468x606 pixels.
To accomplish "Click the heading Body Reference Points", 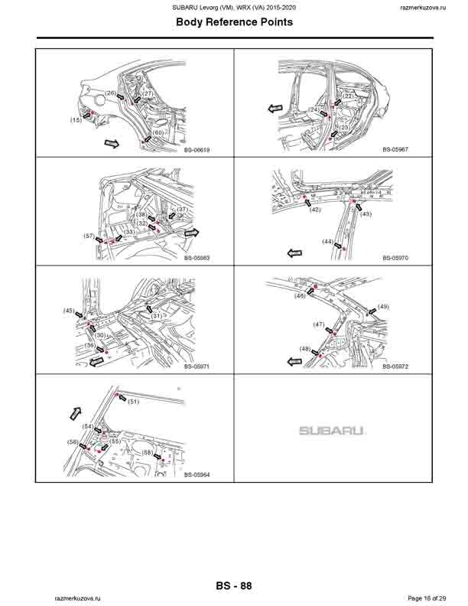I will [234, 23].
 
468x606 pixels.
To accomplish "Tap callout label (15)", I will [76, 120].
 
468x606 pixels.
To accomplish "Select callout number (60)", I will [158, 133].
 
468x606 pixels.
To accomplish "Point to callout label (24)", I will [314, 110].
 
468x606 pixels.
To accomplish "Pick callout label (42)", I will [315, 209].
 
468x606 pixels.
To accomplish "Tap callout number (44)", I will [327, 242].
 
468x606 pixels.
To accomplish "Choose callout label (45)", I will [69, 311].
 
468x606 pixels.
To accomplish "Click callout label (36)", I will [90, 346].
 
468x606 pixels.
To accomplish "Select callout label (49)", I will [383, 307].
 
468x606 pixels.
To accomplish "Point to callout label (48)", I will [305, 349].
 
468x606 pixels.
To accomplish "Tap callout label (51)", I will [133, 401].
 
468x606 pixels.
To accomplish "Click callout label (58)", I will [147, 453].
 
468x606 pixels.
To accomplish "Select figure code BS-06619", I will [197, 150].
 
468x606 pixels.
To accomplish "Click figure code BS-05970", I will [395, 258].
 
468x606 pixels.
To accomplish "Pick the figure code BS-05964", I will [197, 475].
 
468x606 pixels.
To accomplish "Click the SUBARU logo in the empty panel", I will [331, 431].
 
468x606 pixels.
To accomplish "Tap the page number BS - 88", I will [234, 586].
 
